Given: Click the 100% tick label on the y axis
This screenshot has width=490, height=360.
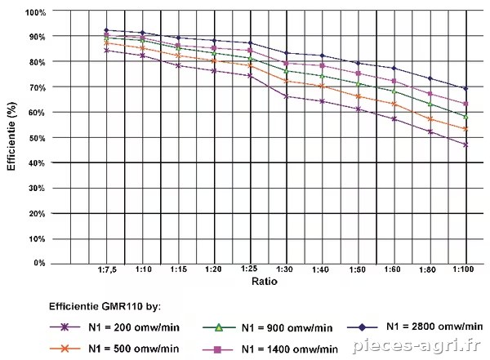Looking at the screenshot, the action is tap(35, 12).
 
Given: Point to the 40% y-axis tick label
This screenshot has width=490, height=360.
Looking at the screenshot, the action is tap(38, 162).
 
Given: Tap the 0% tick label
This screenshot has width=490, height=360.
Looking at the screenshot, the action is tap(40, 263).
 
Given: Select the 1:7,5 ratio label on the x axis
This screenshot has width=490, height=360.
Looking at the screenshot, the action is tap(107, 269).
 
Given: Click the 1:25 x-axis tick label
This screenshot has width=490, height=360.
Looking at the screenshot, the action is tap(249, 269).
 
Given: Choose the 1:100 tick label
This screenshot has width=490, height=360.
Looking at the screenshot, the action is tap(463, 269).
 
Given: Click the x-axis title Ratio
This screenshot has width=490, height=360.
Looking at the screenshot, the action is tap(265, 282).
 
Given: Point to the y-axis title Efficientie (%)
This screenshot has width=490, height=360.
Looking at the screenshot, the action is tap(11, 136).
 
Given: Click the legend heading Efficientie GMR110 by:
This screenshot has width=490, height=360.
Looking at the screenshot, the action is tap(105, 306).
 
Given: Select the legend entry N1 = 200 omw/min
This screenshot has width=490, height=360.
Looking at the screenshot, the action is tap(134, 327).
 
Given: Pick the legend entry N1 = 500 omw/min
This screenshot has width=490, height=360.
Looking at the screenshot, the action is tap(134, 349).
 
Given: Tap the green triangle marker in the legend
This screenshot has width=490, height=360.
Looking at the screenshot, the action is tap(219, 327).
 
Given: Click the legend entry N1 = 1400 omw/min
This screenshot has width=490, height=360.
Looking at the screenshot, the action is tap(290, 349).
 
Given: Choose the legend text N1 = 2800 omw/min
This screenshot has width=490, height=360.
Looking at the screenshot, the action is tap(434, 327).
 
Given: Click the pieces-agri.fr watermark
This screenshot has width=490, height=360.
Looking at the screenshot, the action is tap(416, 345).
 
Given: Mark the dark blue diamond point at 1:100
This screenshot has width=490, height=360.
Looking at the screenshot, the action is tap(466, 89).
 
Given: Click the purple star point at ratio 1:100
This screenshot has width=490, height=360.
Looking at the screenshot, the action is tap(466, 144).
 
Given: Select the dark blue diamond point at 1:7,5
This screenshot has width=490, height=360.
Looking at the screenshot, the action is tap(106, 30).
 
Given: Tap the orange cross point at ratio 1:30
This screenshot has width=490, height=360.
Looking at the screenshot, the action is tap(287, 81).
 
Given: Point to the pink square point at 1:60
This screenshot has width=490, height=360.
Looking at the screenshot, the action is tap(394, 81).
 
